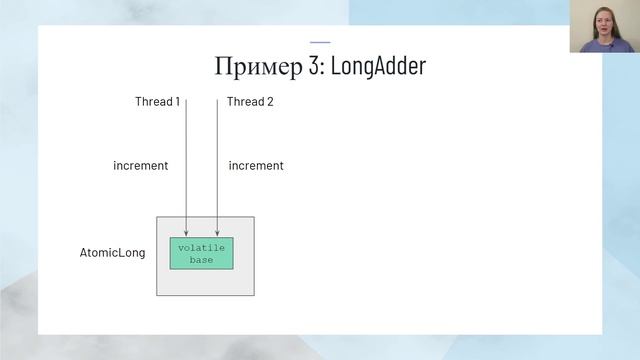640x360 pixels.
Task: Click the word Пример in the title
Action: (252, 67)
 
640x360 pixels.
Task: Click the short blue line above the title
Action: (320, 42)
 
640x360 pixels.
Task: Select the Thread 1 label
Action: (157, 102)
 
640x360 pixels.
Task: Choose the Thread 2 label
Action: (250, 102)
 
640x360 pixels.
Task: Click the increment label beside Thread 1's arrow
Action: (140, 166)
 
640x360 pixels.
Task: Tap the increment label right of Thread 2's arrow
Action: (256, 166)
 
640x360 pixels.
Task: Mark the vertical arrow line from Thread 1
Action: (186, 160)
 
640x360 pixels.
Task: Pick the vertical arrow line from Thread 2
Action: (218, 160)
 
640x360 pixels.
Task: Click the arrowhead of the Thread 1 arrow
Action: (186, 234)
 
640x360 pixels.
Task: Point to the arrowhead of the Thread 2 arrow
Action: (218, 234)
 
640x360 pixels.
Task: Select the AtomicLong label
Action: (112, 253)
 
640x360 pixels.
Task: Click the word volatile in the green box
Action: (201, 247)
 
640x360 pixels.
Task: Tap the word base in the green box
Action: (201, 259)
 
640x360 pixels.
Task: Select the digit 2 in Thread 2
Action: (270, 102)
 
